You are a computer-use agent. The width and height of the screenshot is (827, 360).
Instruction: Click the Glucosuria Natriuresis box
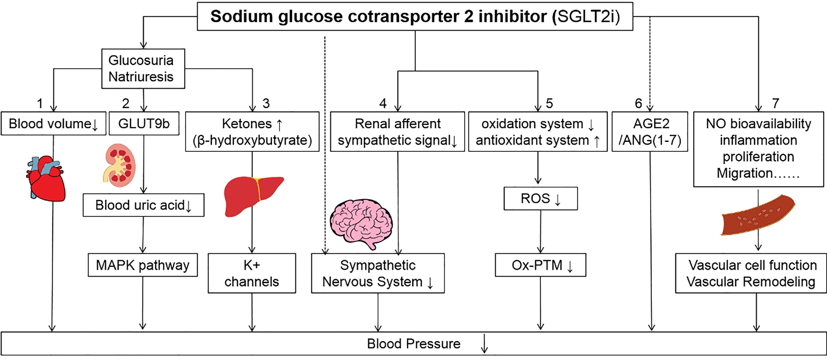[143, 69]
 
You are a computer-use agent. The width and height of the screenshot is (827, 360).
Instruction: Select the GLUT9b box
[144, 123]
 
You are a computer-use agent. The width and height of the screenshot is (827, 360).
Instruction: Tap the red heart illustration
[47, 178]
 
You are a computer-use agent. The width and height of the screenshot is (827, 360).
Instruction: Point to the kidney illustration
[120, 165]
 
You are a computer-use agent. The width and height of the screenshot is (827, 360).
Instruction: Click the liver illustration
[252, 196]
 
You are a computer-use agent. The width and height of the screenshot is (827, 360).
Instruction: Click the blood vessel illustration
[758, 215]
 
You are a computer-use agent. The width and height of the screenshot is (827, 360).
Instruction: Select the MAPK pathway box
[143, 265]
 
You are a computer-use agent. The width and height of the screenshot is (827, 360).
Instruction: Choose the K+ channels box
[252, 273]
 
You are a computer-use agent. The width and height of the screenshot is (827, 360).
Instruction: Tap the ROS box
[541, 199]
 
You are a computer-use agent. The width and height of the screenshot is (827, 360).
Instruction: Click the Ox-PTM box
[541, 265]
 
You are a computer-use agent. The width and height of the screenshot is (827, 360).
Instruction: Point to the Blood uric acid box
[144, 205]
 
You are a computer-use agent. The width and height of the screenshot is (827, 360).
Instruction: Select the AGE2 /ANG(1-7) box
[650, 132]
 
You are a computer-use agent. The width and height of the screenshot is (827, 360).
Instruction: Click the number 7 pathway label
[776, 103]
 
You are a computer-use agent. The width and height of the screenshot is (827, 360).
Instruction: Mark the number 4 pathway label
[383, 103]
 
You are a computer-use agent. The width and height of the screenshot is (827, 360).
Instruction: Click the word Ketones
[247, 123]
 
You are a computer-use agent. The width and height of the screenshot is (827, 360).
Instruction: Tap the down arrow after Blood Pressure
[484, 344]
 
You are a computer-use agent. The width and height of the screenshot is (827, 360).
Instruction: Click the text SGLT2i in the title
[586, 16]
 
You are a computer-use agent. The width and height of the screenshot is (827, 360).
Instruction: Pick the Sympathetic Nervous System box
[378, 273]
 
